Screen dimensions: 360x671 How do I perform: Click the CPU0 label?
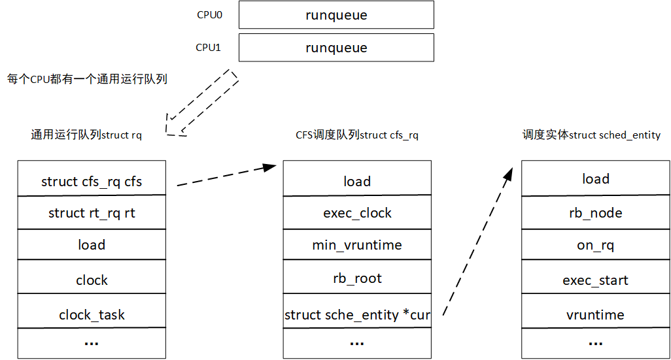pos(209,14)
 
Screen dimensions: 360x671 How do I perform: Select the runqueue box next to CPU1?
pos(336,48)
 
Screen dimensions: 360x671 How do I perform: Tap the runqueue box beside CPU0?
pos(336,15)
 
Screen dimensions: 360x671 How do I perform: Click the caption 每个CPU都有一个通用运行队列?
pos(87,79)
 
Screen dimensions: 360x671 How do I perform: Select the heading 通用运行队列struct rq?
pos(86,135)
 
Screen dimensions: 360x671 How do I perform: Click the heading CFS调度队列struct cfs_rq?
pos(356,135)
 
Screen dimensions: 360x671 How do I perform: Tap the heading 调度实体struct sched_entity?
pos(591,135)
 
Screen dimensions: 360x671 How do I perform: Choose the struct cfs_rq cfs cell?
pos(92,181)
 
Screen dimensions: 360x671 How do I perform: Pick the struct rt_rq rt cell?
pos(92,213)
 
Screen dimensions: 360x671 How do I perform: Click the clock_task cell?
pos(92,315)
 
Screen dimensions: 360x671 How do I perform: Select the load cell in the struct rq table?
pos(92,245)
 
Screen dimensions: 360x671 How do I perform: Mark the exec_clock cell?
pos(357,213)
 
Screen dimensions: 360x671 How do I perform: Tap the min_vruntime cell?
pos(357,245)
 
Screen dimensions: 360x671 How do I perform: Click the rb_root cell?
pos(357,278)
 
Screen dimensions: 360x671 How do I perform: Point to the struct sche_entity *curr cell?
pos(357,315)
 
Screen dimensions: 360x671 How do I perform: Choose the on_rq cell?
pos(595,245)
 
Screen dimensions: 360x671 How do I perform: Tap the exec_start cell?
pos(595,280)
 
